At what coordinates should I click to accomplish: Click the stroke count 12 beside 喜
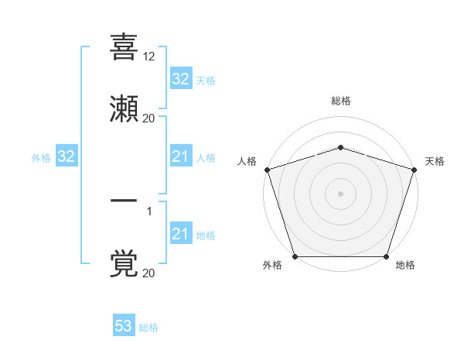click(x=149, y=57)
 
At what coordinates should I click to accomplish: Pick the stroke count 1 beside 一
click(x=149, y=211)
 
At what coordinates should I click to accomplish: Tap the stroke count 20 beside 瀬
click(x=149, y=118)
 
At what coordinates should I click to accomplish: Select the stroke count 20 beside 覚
click(x=149, y=273)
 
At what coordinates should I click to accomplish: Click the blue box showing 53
click(x=124, y=326)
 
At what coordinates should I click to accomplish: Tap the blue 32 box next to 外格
click(x=67, y=157)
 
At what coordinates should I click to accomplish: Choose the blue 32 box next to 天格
click(x=180, y=79)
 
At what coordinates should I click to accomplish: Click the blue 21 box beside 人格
click(x=180, y=157)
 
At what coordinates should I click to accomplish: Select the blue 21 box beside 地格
click(x=180, y=234)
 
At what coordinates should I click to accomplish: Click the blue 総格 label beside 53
click(x=148, y=328)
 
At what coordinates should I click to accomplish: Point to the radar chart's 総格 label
click(x=340, y=101)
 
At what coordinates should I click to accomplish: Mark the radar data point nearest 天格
click(x=414, y=169)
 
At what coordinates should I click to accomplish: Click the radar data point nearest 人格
click(x=267, y=169)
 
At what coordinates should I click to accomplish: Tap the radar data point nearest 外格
click(x=295, y=256)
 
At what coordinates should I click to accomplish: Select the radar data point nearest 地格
click(x=386, y=256)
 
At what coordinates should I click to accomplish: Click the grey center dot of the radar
click(x=340, y=193)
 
